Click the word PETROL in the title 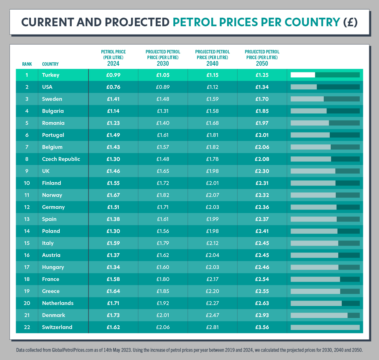tap(193, 22)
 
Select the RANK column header tap(27, 64)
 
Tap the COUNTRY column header tap(50, 64)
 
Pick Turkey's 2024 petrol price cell tap(113, 75)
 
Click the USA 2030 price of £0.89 tap(163, 87)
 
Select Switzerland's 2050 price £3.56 tap(262, 327)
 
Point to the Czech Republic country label tap(61, 159)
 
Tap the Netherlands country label tap(57, 303)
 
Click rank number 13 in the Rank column tap(27, 219)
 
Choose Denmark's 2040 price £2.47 tap(212, 315)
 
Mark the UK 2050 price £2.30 tap(262, 171)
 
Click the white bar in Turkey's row tap(303, 75)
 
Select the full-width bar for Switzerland tap(325, 327)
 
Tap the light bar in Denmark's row tap(319, 315)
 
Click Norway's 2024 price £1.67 tap(113, 195)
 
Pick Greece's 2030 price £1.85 tap(163, 291)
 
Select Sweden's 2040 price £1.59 tap(212, 99)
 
